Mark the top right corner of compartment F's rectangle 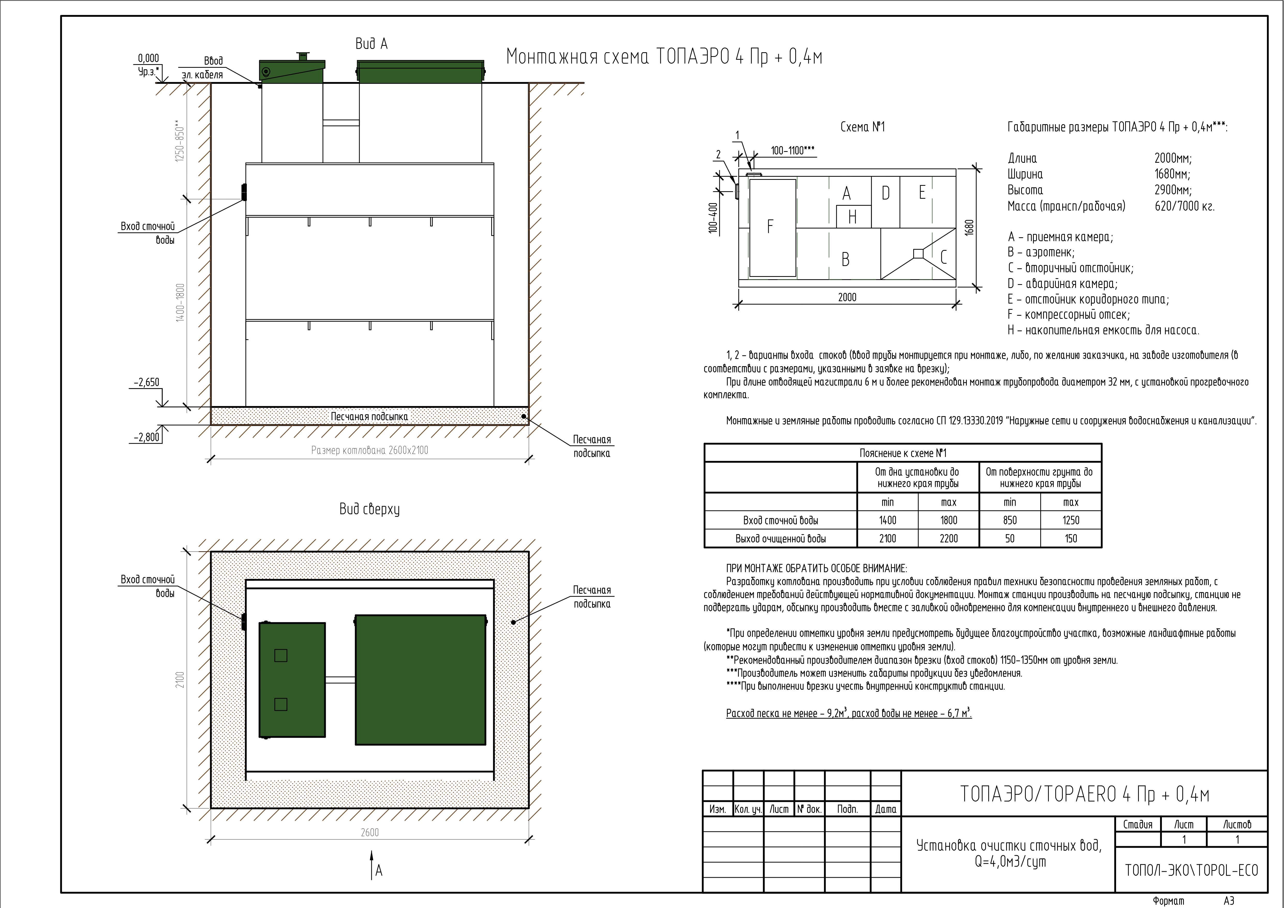(796, 180)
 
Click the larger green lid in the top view (421, 680)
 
